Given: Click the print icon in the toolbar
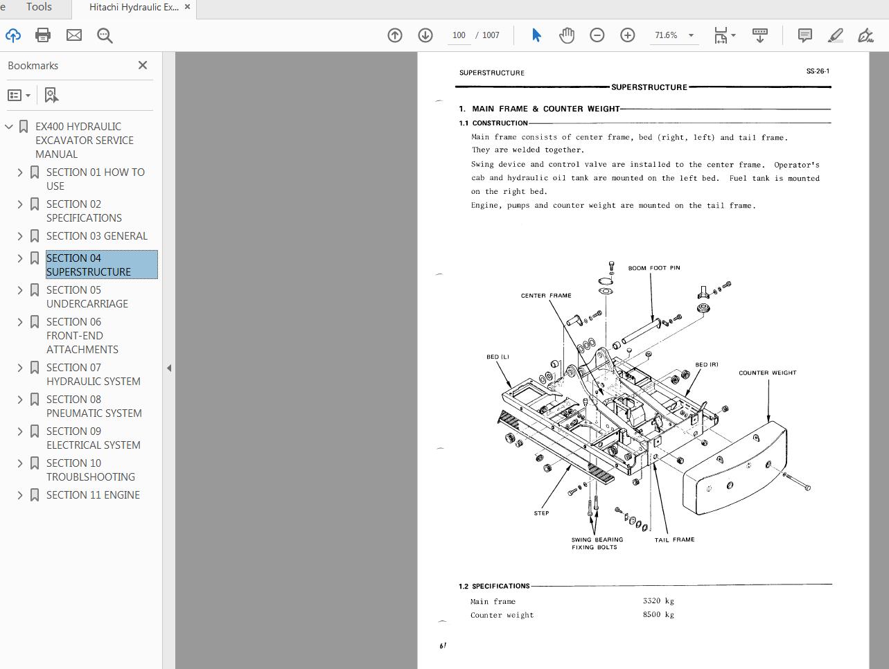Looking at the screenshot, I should click(43, 35).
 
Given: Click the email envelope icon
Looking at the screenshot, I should click(74, 35).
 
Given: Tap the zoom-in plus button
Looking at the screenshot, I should click(627, 35).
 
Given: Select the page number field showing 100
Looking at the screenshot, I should click(459, 35).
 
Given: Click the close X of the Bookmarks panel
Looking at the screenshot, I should click(143, 65).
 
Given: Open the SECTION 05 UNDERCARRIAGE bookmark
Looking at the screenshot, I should click(87, 296).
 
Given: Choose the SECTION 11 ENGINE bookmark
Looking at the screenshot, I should click(93, 494).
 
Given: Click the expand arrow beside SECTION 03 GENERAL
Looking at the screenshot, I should click(20, 236).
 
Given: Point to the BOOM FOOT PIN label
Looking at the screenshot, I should click(653, 268).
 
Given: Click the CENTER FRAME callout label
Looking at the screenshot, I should click(546, 296).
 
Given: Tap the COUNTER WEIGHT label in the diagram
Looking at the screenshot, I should click(767, 373).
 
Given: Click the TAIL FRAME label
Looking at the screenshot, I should click(674, 539).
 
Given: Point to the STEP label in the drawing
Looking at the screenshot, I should click(541, 513).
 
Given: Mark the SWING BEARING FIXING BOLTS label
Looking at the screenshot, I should click(597, 544).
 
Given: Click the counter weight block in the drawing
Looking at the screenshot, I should click(734, 471).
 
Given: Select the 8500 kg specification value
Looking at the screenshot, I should click(658, 614).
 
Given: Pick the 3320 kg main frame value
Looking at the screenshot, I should click(658, 601).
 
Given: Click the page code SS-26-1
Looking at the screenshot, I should click(818, 71).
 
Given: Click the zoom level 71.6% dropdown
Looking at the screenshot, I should click(674, 35).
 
